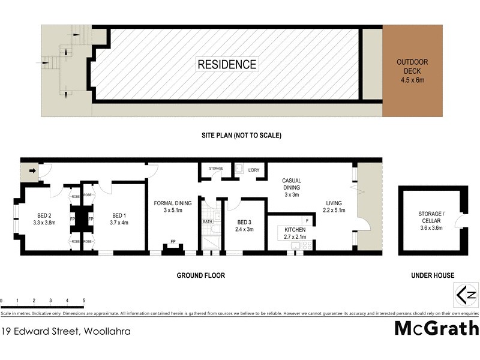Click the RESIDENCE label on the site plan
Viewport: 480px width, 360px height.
(x=227, y=65)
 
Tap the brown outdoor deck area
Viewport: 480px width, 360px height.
(x=412, y=71)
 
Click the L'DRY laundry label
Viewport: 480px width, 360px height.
(x=254, y=169)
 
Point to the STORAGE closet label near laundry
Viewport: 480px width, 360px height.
(x=216, y=169)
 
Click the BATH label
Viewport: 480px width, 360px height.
(x=208, y=221)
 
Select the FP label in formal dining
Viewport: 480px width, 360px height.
(x=173, y=241)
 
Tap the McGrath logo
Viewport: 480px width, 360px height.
(x=436, y=328)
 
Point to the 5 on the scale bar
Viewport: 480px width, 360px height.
(x=83, y=300)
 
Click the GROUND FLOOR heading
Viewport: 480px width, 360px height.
(x=200, y=275)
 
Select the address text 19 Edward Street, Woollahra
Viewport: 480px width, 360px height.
(x=65, y=331)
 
